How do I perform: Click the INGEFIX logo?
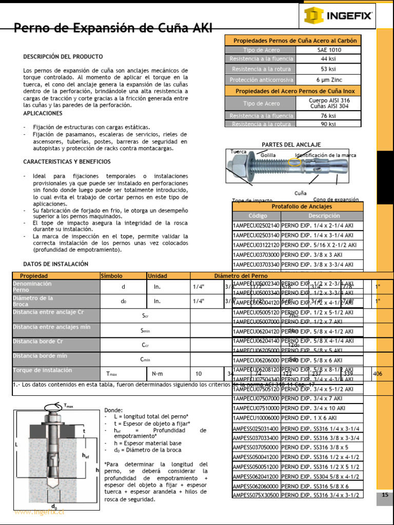pyautogui.click(x=338, y=16)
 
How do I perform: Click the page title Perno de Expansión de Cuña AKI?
pyautogui.click(x=112, y=28)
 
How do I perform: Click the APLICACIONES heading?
pyautogui.click(x=43, y=113)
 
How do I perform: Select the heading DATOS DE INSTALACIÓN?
pyautogui.click(x=56, y=264)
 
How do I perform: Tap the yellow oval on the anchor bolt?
pyautogui.click(x=294, y=163)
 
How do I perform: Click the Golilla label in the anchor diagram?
pyautogui.click(x=268, y=155)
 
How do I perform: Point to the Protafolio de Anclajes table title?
pyautogui.click(x=298, y=206)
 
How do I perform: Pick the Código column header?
pyautogui.click(x=258, y=216)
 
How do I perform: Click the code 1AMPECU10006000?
pyautogui.click(x=257, y=418)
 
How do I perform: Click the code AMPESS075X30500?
pyautogui.click(x=257, y=495)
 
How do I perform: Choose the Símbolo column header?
pyautogui.click(x=112, y=276)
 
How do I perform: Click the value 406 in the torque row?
pyautogui.click(x=378, y=374)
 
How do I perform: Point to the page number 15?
pyautogui.click(x=385, y=495)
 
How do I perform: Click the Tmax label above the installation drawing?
pyautogui.click(x=68, y=406)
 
